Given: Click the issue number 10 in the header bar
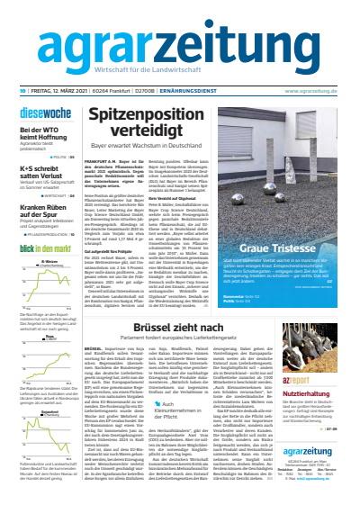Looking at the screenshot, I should [19, 90].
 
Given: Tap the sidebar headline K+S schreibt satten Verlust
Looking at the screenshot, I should [40, 170].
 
